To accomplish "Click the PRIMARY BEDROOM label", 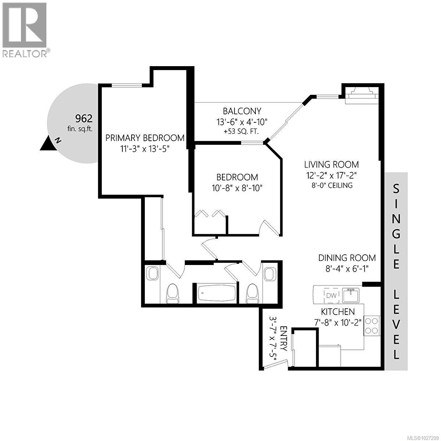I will [145, 138].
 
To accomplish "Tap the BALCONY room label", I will [242, 111].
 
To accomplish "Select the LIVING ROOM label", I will [331, 164].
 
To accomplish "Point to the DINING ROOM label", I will [347, 258].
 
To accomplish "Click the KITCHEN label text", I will [338, 312].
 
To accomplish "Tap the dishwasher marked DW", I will [331, 295].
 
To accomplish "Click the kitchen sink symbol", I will [351, 295].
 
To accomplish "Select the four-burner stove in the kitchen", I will [372, 325].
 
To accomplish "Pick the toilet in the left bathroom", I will [172, 294].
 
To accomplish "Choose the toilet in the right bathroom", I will [252, 294].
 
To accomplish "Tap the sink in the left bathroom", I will [152, 274].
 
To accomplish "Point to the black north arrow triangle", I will [48, 144].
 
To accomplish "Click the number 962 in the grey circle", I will [83, 118].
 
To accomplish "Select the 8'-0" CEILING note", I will [331, 185].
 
